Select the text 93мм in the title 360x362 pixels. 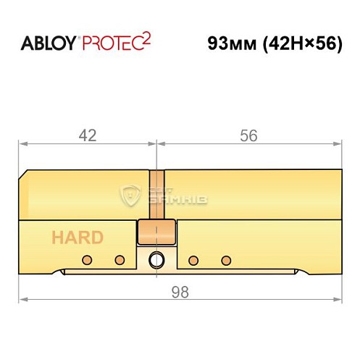(x=230, y=43)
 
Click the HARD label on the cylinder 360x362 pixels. (x=77, y=237)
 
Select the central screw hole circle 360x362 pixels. (x=156, y=261)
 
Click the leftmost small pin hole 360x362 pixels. (x=87, y=260)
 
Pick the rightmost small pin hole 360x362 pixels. (x=225, y=260)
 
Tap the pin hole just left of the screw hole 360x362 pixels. (x=120, y=260)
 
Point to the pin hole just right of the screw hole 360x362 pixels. (x=193, y=260)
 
